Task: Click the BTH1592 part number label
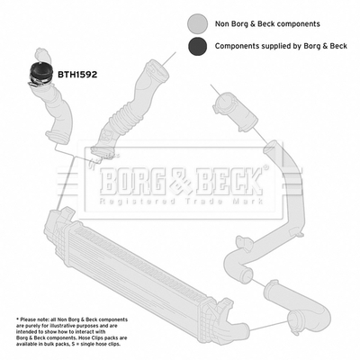[77, 75]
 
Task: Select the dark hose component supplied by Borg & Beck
[40, 74]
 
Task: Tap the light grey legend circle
[198, 23]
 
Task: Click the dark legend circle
[198, 46]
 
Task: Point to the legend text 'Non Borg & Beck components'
[267, 23]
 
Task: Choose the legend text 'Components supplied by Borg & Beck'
[281, 46]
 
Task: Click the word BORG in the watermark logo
[133, 182]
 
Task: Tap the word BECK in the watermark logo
[229, 182]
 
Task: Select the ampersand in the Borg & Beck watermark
[181, 183]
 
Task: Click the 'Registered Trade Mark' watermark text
[181, 202]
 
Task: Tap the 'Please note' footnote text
[72, 332]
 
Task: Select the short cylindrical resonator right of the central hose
[235, 112]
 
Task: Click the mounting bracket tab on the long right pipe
[244, 242]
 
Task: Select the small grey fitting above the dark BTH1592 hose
[41, 55]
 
